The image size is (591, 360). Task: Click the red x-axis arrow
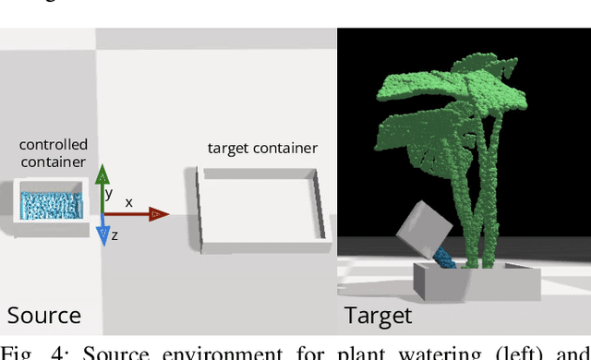click(x=139, y=214)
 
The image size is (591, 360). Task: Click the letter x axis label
click(x=128, y=201)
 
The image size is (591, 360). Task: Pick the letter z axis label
click(x=115, y=236)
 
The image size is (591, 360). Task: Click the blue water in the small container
click(x=51, y=203)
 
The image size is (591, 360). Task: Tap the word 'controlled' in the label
click(x=54, y=144)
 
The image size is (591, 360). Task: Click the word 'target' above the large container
click(x=227, y=148)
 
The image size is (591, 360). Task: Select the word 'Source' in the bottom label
click(x=44, y=316)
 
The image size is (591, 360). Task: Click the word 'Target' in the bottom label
click(x=378, y=316)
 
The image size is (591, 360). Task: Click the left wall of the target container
click(x=199, y=208)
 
